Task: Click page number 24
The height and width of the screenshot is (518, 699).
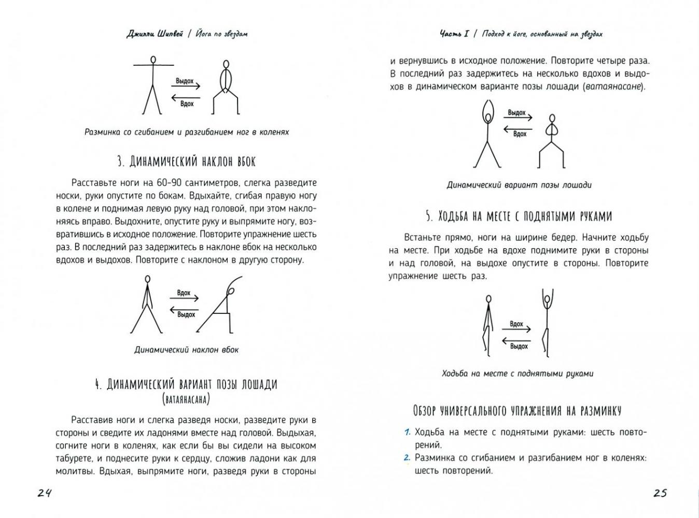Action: point(45,493)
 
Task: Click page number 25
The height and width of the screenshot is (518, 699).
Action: point(660,493)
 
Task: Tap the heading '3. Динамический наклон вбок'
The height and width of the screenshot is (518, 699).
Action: point(186,162)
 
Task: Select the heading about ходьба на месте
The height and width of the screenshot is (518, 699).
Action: point(519,216)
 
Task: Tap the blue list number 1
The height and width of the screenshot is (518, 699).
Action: point(408,432)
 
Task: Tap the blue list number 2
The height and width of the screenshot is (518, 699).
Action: point(408,457)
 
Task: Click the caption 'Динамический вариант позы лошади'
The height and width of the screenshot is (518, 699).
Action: point(519,185)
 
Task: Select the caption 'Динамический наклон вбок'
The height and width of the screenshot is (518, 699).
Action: point(186,350)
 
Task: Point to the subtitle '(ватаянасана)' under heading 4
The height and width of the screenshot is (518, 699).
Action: point(186,399)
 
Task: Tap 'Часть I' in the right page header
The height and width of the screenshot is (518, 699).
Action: point(454,34)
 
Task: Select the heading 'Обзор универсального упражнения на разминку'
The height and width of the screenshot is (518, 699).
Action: point(517,411)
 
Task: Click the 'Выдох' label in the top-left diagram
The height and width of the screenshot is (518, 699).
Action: point(185,81)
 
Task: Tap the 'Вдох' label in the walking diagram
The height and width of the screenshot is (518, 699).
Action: point(516,324)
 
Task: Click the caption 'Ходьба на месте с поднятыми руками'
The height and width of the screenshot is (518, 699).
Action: point(518,373)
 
